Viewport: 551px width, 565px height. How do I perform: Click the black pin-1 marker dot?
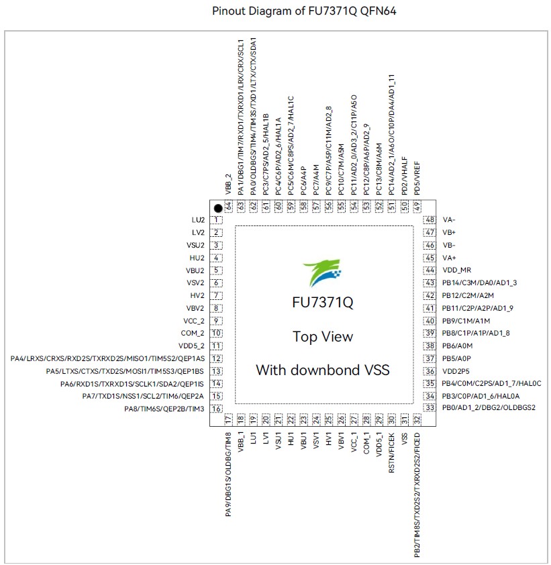pos(218,208)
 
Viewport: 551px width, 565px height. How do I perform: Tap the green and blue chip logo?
pos(322,273)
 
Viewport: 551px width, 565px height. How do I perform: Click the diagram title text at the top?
pos(304,11)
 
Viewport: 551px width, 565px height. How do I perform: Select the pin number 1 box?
pos(216,220)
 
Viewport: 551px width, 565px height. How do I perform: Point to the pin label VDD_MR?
pos(456,270)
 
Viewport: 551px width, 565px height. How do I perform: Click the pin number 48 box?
pos(430,220)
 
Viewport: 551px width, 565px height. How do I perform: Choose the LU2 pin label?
pos(198,220)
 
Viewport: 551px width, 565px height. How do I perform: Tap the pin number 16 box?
pos(216,409)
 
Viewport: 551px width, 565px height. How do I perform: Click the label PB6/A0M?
pos(457,346)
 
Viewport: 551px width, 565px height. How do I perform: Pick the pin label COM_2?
pos(193,333)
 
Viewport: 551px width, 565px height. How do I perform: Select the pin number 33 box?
pos(430,407)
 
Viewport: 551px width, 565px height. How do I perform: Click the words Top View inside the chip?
pos(323,337)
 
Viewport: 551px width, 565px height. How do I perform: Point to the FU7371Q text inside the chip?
pos(323,303)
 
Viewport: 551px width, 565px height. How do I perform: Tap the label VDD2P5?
pos(456,371)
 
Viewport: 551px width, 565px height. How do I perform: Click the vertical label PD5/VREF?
pos(417,178)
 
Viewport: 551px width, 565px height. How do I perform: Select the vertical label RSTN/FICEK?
pos(392,452)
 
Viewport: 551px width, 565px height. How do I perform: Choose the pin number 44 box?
pos(430,270)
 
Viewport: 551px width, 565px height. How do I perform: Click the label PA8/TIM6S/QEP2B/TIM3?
pos(164,409)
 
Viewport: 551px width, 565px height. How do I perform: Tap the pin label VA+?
pos(450,258)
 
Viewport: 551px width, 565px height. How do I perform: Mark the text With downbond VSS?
pos(323,370)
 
